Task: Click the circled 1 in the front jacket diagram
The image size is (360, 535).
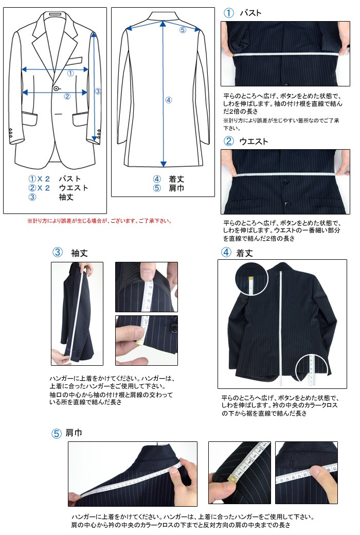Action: coord(70,74)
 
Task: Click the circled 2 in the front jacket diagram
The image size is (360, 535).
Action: coord(67,96)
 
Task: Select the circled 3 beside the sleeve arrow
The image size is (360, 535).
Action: coord(98,91)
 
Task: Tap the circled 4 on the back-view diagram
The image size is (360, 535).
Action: coord(168,100)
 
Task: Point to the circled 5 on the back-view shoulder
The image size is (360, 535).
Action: coord(183,30)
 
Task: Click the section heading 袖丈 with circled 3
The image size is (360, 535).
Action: coord(79,253)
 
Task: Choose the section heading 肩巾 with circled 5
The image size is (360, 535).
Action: coord(74,433)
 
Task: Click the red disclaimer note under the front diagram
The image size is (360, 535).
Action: coord(99,221)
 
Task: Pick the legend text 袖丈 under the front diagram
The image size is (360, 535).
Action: coord(66,197)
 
